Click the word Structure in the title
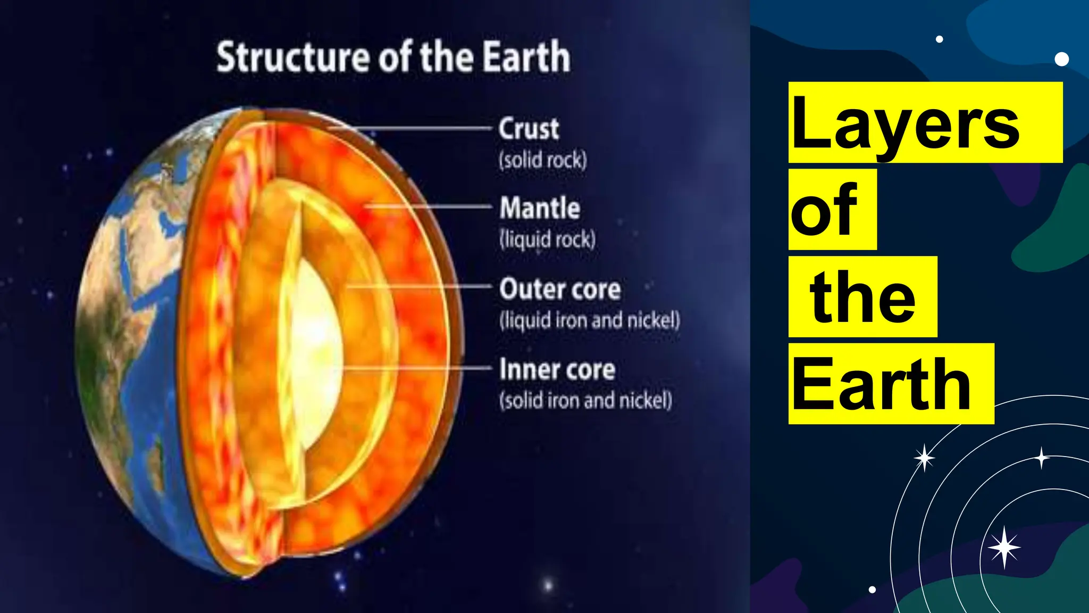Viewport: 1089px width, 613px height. tap(292, 57)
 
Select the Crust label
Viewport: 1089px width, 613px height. tap(529, 129)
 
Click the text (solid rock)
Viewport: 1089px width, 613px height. tap(542, 160)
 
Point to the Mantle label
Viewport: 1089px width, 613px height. tap(539, 208)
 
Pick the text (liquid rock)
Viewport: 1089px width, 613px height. tap(547, 239)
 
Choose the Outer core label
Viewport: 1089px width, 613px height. tap(559, 289)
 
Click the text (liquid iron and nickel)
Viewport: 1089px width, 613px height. tap(589, 320)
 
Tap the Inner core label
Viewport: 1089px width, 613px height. tap(557, 370)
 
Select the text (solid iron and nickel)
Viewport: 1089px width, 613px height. tap(585, 400)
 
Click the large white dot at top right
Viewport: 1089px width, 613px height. tap(1061, 59)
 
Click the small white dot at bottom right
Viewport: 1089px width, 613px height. tap(872, 589)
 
